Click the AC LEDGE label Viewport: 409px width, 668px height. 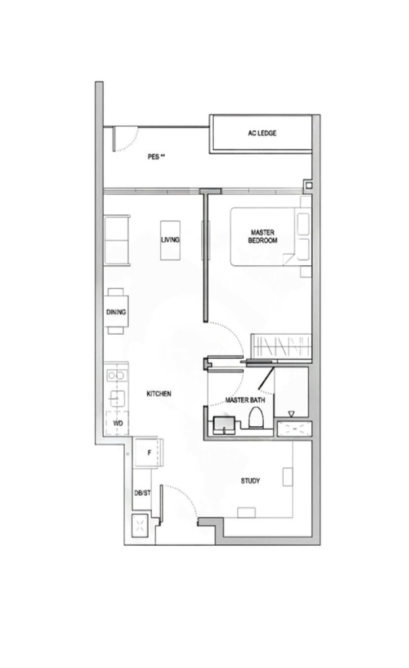click(x=262, y=133)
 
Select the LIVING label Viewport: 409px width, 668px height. click(x=170, y=240)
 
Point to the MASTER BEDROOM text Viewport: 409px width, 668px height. click(x=262, y=236)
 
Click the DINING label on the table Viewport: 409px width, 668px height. click(x=116, y=312)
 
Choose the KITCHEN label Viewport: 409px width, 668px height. click(x=158, y=394)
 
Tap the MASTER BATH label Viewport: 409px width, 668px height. click(x=245, y=400)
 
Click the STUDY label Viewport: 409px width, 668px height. click(x=251, y=481)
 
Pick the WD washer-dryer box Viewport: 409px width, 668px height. click(x=118, y=423)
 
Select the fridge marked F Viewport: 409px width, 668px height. click(x=148, y=453)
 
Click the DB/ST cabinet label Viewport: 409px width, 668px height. click(x=142, y=493)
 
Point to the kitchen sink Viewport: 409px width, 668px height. click(x=118, y=399)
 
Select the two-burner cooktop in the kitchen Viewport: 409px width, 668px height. click(x=117, y=375)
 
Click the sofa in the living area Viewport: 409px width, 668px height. click(x=117, y=240)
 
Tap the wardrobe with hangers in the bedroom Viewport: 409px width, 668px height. click(x=281, y=347)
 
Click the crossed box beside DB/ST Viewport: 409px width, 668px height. click(x=140, y=526)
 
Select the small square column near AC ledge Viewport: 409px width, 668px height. click(x=309, y=185)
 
